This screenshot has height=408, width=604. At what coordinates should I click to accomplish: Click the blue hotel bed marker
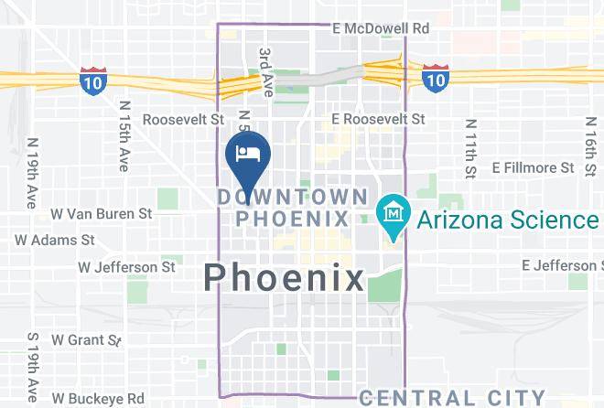pyautogui.click(x=246, y=153)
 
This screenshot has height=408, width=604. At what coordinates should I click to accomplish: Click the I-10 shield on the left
pyautogui.click(x=92, y=81)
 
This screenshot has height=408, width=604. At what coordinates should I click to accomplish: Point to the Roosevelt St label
pyautogui.click(x=183, y=119)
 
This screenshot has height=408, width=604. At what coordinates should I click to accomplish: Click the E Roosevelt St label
pyautogui.click(x=378, y=119)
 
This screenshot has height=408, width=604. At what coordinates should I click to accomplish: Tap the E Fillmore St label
pyautogui.click(x=534, y=167)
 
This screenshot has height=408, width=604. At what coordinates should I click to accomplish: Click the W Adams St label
pyautogui.click(x=55, y=240)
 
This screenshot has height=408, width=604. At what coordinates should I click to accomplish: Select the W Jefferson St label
pyautogui.click(x=126, y=267)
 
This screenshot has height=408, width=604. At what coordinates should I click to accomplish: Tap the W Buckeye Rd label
pyautogui.click(x=98, y=399)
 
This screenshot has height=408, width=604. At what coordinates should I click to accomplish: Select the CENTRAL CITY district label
pyautogui.click(x=453, y=397)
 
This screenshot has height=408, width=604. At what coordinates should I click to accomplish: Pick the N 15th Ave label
pyautogui.click(x=124, y=135)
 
